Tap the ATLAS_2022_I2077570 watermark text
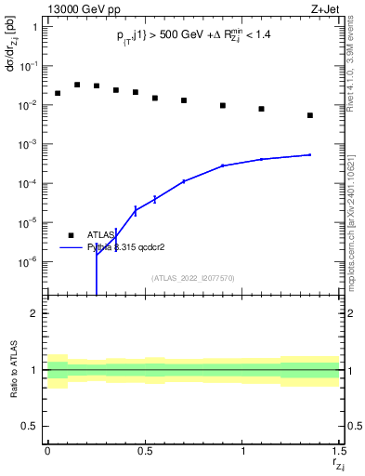[x=193, y=277]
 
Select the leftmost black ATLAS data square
[x=58, y=93]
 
